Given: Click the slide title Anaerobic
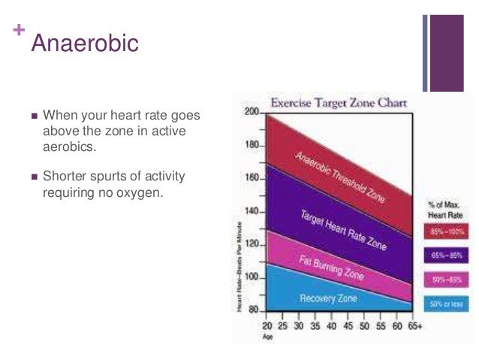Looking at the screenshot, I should (84, 42).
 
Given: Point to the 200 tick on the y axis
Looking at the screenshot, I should (251, 111).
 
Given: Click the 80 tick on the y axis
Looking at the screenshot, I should (253, 310).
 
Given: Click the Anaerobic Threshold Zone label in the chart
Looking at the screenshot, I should (339, 174).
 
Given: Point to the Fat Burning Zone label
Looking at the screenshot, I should (331, 267).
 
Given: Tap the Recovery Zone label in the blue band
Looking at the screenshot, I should (328, 298).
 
